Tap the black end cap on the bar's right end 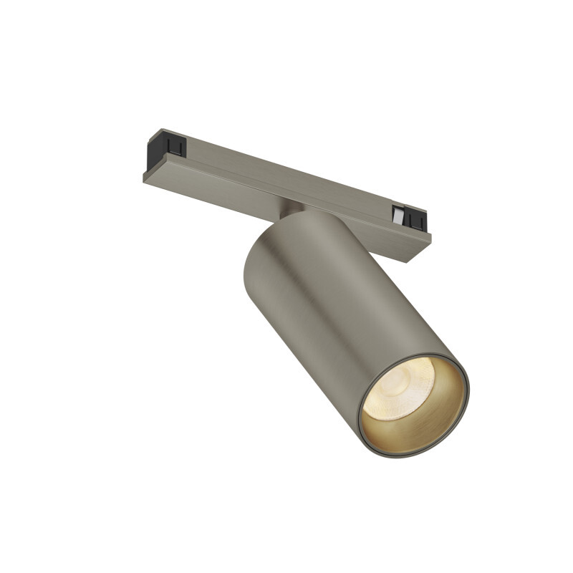pos(416,218)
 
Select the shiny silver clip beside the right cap pos(398,213)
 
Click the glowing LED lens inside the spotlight pos(398,387)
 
